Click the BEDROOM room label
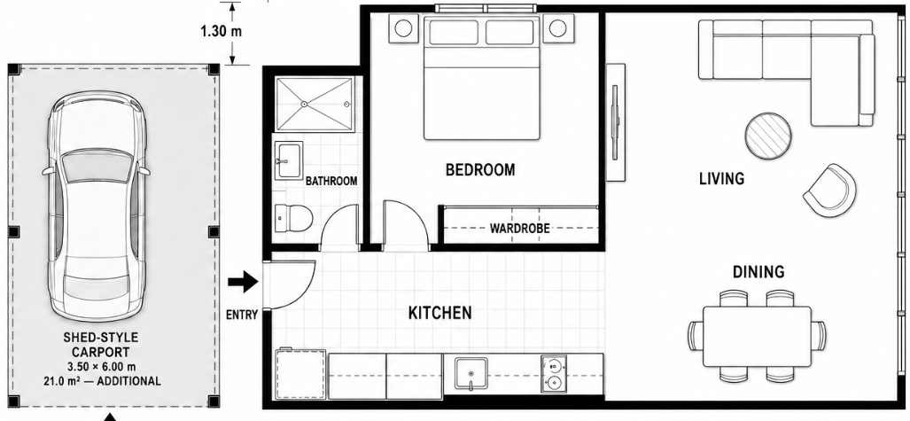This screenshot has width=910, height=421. [480, 170]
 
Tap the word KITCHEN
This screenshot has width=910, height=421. [439, 313]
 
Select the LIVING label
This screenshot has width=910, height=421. [721, 178]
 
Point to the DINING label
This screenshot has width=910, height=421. [758, 272]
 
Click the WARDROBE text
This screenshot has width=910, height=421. [519, 229]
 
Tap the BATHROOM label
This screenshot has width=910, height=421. [331, 181]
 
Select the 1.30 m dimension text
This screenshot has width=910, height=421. [222, 31]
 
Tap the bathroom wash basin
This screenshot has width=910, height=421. [289, 160]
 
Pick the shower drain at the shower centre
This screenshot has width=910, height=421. [304, 104]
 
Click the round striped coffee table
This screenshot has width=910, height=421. [768, 136]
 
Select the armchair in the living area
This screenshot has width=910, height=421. [830, 191]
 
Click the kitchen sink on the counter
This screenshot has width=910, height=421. [471, 374]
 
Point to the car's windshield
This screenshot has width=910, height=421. [96, 166]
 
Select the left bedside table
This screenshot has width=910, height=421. [403, 27]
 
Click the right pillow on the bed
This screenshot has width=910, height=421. [509, 33]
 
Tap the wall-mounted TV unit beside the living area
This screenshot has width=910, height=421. [616, 122]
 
